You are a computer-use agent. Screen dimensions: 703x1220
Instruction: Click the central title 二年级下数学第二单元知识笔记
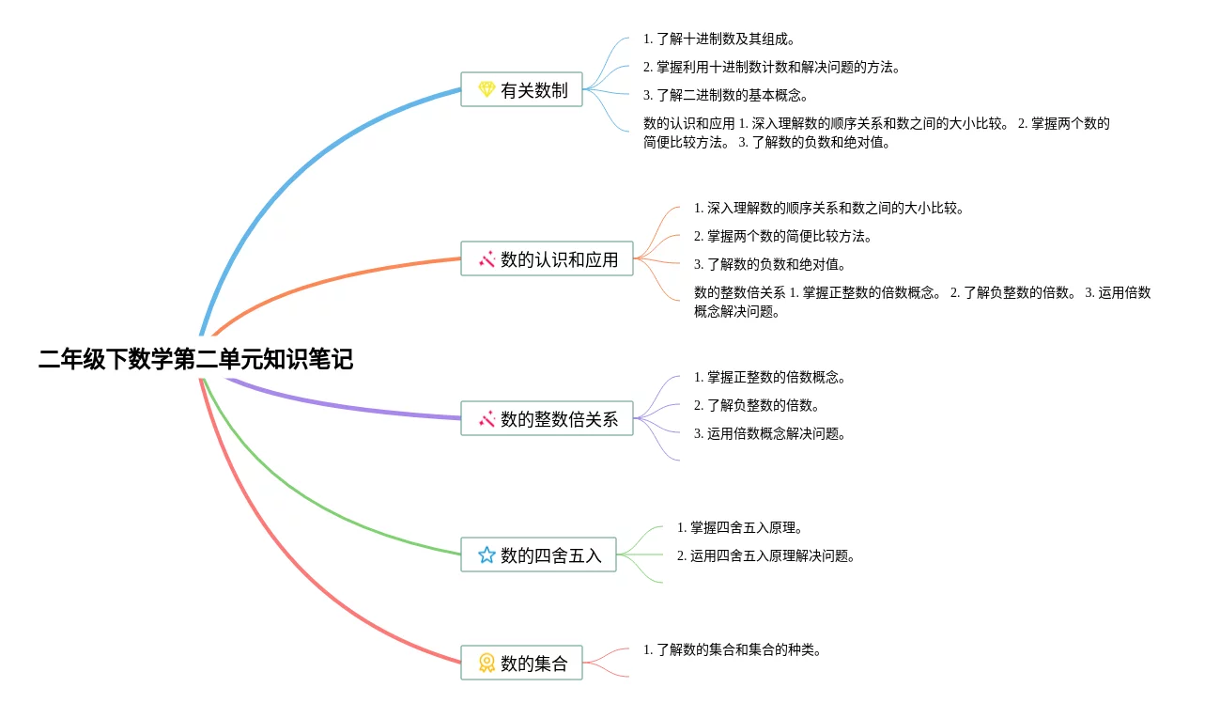pyautogui.click(x=195, y=360)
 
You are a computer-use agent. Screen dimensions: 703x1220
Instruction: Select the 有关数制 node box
pyautogui.click(x=521, y=89)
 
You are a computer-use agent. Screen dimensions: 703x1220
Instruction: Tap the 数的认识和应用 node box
pyautogui.click(x=547, y=258)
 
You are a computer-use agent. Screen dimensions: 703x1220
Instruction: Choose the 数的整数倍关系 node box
pyautogui.click(x=547, y=418)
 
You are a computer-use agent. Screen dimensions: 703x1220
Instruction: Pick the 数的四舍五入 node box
pyautogui.click(x=538, y=555)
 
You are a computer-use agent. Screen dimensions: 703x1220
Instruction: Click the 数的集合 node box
pyautogui.click(x=521, y=663)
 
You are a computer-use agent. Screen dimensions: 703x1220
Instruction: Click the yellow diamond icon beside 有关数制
pyautogui.click(x=486, y=89)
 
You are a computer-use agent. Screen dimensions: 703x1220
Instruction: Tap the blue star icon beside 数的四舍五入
pyautogui.click(x=486, y=555)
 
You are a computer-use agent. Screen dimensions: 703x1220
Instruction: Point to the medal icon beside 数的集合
pyautogui.click(x=486, y=663)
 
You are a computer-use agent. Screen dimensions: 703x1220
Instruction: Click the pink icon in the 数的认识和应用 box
pyautogui.click(x=486, y=258)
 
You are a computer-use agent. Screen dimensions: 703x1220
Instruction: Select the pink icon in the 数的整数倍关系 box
pyautogui.click(x=486, y=418)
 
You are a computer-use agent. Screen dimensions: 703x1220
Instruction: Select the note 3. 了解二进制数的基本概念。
pyautogui.click(x=726, y=95)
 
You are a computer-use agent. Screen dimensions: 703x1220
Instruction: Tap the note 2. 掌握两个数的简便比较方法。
pyautogui.click(x=783, y=236)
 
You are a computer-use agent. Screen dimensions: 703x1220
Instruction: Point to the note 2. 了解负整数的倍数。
pyautogui.click(x=757, y=405)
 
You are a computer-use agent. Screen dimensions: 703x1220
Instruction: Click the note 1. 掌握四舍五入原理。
pyautogui.click(x=740, y=527)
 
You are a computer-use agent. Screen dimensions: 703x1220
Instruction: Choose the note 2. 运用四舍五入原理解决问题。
pyautogui.click(x=766, y=555)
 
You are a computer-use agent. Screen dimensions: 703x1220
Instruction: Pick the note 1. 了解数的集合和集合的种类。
pyautogui.click(x=733, y=649)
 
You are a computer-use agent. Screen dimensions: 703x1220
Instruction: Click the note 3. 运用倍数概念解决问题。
pyautogui.click(x=770, y=433)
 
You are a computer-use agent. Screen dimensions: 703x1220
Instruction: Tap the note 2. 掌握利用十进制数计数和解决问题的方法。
pyautogui.click(x=772, y=67)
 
